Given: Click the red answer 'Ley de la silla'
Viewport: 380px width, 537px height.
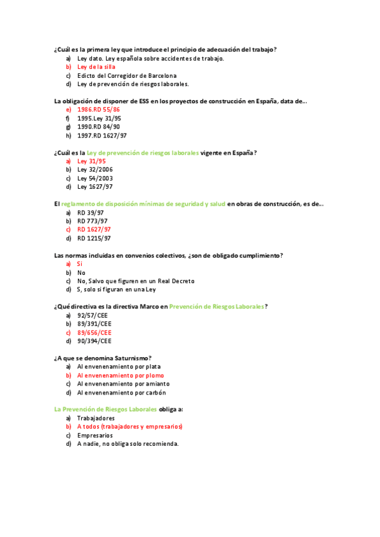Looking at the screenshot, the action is click(96, 66).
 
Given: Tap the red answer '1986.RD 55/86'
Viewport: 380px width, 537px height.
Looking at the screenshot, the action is click(98, 110).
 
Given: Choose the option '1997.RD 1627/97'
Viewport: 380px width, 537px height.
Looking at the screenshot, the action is click(102, 136).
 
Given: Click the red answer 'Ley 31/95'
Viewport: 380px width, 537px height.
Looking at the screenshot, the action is click(91, 161).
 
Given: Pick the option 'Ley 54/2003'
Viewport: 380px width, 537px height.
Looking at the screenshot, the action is click(95, 179).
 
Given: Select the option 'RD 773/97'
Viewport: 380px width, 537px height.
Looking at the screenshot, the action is click(94, 221).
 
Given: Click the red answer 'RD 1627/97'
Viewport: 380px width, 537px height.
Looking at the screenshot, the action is click(94, 229).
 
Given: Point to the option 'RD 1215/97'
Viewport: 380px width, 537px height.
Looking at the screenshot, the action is click(94, 238).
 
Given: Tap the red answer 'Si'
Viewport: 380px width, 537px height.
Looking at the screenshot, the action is click(80, 264).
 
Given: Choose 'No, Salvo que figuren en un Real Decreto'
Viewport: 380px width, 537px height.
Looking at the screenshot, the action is click(136, 281).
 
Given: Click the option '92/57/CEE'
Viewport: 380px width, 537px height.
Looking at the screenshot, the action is click(94, 315).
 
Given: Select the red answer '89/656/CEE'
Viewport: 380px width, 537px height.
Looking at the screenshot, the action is click(95, 332).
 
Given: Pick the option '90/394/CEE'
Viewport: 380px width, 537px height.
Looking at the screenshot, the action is click(94, 341).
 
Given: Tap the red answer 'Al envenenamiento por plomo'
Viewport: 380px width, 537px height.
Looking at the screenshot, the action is click(121, 375).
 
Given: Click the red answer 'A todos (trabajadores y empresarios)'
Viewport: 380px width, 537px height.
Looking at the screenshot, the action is click(130, 427).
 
